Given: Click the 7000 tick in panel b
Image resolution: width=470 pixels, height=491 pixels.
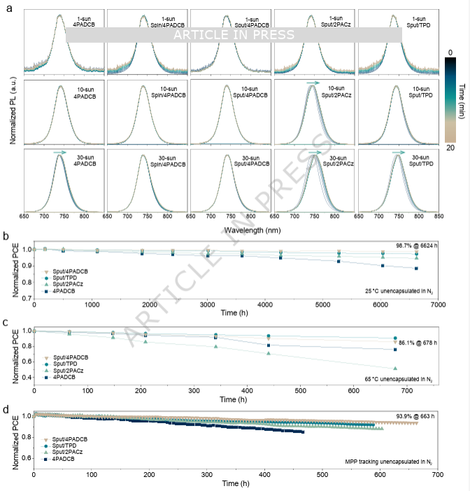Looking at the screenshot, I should [438, 306].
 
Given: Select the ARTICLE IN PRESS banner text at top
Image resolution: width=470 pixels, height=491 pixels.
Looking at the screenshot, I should [235, 35].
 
